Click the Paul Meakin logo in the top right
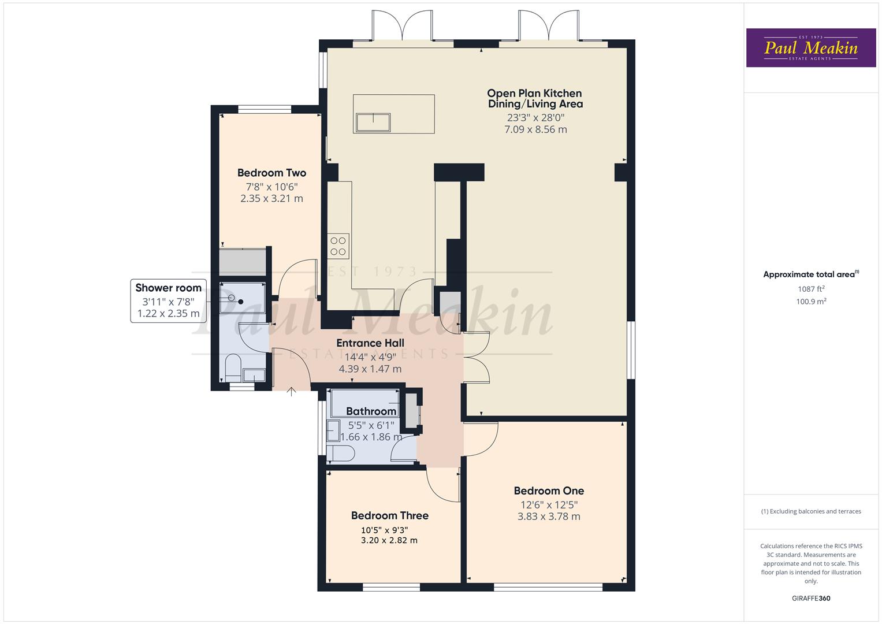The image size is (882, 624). pyautogui.click(x=810, y=48)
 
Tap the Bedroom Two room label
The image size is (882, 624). pyautogui.click(x=271, y=173)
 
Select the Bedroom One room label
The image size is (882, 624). pyautogui.click(x=549, y=491)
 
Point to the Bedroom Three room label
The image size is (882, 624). pyautogui.click(x=390, y=516)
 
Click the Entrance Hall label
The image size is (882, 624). pyautogui.click(x=370, y=343)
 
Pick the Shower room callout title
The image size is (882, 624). pyautogui.click(x=169, y=288)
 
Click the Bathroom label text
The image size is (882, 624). pyautogui.click(x=371, y=411)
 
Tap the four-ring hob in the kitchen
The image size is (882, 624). pyautogui.click(x=338, y=246)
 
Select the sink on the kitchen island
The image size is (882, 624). pyautogui.click(x=373, y=122)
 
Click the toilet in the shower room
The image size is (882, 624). pyautogui.click(x=232, y=367)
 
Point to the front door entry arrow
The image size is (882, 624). pyautogui.click(x=292, y=392)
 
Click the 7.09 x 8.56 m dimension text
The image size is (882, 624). pyautogui.click(x=535, y=129)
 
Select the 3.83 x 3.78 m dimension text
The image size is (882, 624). pyautogui.click(x=549, y=517)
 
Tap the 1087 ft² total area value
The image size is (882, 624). pyautogui.click(x=811, y=289)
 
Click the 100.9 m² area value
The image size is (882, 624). pyautogui.click(x=811, y=302)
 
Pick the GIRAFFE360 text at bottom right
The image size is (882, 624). pyautogui.click(x=811, y=599)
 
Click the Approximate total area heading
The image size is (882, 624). pyautogui.click(x=810, y=274)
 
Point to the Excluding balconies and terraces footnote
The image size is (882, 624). pyautogui.click(x=811, y=511)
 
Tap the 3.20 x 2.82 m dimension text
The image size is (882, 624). pyautogui.click(x=389, y=541)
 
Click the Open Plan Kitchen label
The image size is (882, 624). pyautogui.click(x=534, y=94)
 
